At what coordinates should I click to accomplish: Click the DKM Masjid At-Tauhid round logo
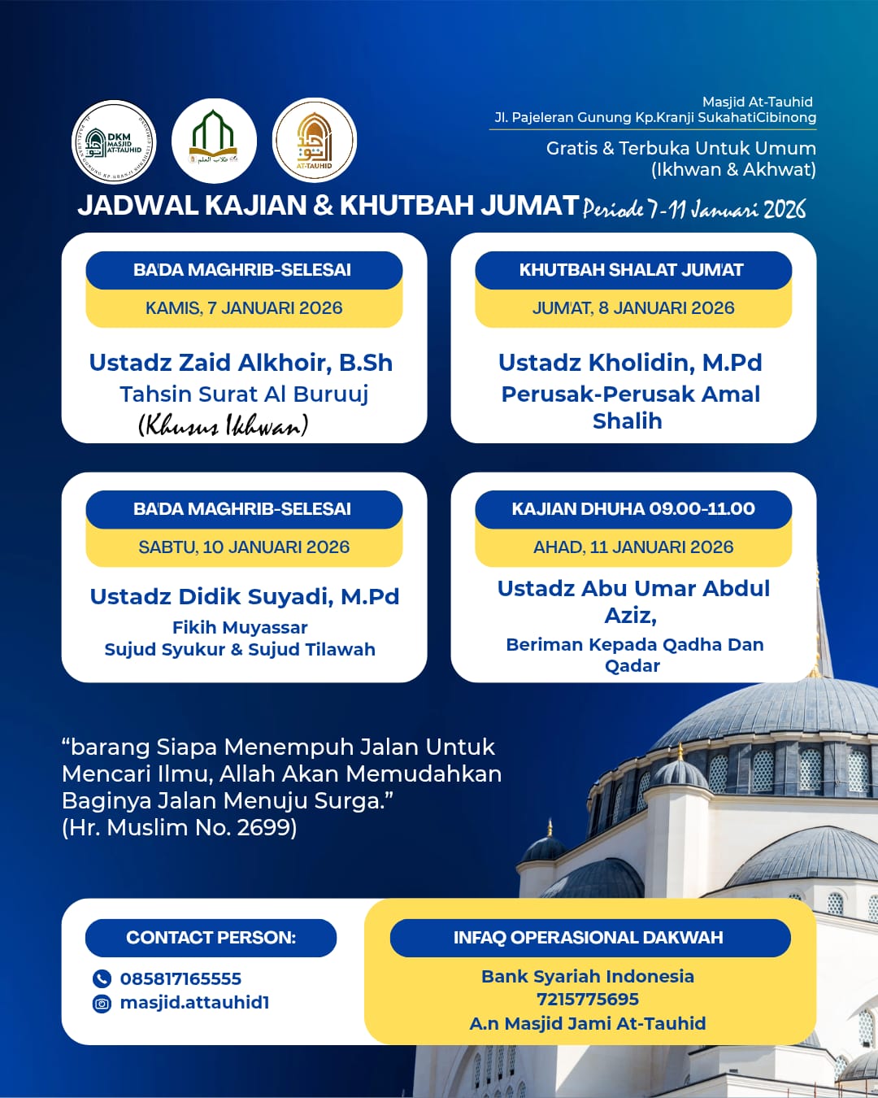pos(115,142)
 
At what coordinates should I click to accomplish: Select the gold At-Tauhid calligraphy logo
pos(315,141)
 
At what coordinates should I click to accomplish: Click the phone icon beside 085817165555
pos(102,978)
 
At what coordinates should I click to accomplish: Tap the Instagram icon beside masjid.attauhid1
pos(102,1003)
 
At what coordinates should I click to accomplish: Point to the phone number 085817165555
pos(180,978)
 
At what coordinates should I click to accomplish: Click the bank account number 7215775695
pos(588,999)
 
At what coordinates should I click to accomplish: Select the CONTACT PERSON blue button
pos(211,938)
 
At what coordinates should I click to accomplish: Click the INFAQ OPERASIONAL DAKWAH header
pos(589,938)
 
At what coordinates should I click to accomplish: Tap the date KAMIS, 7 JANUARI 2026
pos(244,308)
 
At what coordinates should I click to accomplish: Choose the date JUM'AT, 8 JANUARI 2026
pos(633,308)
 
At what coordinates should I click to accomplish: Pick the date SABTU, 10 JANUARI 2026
pos(244,547)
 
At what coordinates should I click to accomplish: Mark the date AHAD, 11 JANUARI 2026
pos(633,547)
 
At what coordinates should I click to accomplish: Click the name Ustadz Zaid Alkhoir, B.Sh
pos(241,363)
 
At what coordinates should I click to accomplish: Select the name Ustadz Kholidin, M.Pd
pos(630,363)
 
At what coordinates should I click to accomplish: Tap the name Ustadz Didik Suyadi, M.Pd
pos(244,597)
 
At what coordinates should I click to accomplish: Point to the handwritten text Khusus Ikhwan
pos(224,425)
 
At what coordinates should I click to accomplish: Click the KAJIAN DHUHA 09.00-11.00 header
pos(633,509)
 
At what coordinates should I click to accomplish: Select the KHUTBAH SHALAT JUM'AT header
pos(632,270)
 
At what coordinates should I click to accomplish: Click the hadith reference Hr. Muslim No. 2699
pos(180,828)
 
